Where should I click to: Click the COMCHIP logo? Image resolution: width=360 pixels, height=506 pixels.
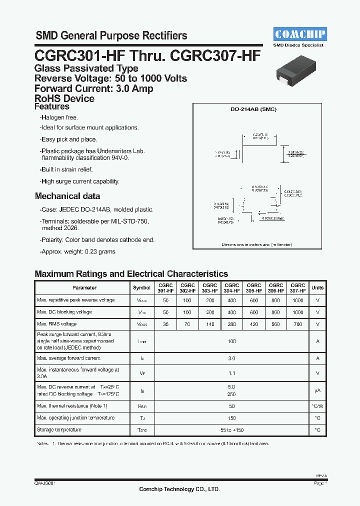pos(300,34)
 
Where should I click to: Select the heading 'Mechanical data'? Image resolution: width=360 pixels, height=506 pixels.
pos(67,196)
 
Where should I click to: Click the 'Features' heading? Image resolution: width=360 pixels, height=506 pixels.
pos(52,106)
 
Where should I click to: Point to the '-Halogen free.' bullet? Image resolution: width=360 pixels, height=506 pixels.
pos(59,117)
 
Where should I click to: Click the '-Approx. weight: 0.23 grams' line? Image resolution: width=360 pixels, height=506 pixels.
pos(77,251)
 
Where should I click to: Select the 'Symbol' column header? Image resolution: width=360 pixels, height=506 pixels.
pos(141,287)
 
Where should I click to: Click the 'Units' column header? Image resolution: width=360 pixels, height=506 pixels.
pos(317,287)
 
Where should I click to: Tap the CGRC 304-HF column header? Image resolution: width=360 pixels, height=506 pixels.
pos(232,287)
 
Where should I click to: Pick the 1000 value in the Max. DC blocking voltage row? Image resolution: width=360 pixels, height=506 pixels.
pos(297,312)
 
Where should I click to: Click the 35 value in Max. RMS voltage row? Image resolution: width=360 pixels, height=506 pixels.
pos(165,324)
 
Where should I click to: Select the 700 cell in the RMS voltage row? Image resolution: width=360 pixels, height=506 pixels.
pos(297,324)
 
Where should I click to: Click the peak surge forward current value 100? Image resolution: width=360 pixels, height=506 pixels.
pos(231,341)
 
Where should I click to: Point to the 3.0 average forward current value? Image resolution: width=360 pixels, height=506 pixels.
pos(231,358)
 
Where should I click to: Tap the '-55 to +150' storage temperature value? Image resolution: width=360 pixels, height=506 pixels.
pos(231,430)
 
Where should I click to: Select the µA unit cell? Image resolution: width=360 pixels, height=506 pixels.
pos(317,390)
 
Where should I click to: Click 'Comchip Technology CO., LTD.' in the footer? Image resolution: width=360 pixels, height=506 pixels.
pos(179,489)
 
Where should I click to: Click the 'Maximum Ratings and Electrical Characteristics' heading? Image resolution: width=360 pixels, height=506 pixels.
pos(131,274)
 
